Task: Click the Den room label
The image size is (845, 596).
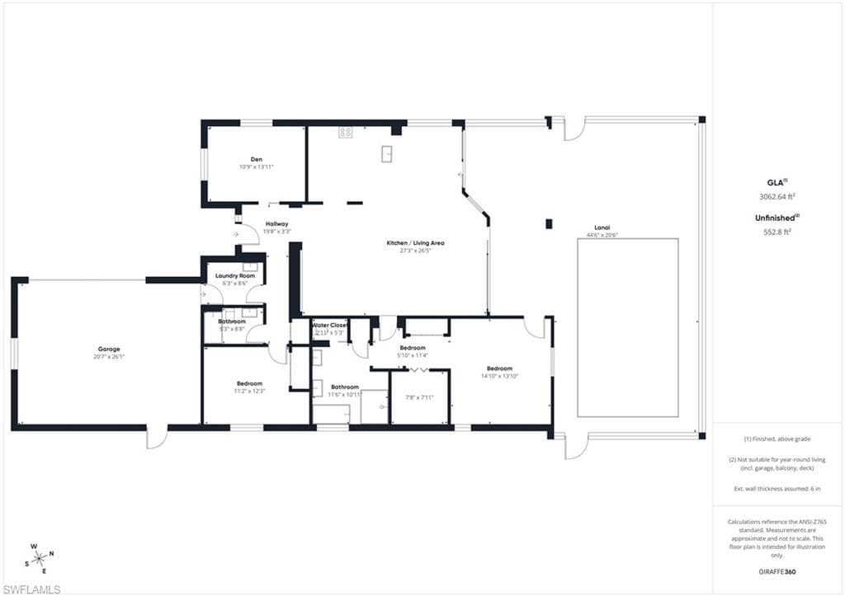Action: (x=256, y=159)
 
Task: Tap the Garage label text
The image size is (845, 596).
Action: (x=109, y=349)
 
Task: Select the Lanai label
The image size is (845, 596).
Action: (x=602, y=228)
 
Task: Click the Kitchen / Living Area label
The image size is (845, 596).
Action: (x=416, y=242)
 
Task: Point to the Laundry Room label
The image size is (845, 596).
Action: (x=235, y=275)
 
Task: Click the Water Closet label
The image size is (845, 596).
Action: (x=330, y=325)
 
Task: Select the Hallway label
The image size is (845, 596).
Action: (x=276, y=223)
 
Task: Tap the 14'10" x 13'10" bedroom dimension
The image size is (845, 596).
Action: (x=499, y=376)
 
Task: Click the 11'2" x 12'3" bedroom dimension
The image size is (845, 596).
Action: (x=250, y=391)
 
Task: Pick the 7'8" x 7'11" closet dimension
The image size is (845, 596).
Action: (x=419, y=397)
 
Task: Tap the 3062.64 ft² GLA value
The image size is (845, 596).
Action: (x=777, y=196)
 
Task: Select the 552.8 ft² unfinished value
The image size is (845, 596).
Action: (x=776, y=232)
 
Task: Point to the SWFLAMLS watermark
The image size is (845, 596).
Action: (x=32, y=589)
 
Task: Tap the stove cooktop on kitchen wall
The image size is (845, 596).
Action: (x=345, y=131)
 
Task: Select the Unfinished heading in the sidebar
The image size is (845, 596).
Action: (x=776, y=217)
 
